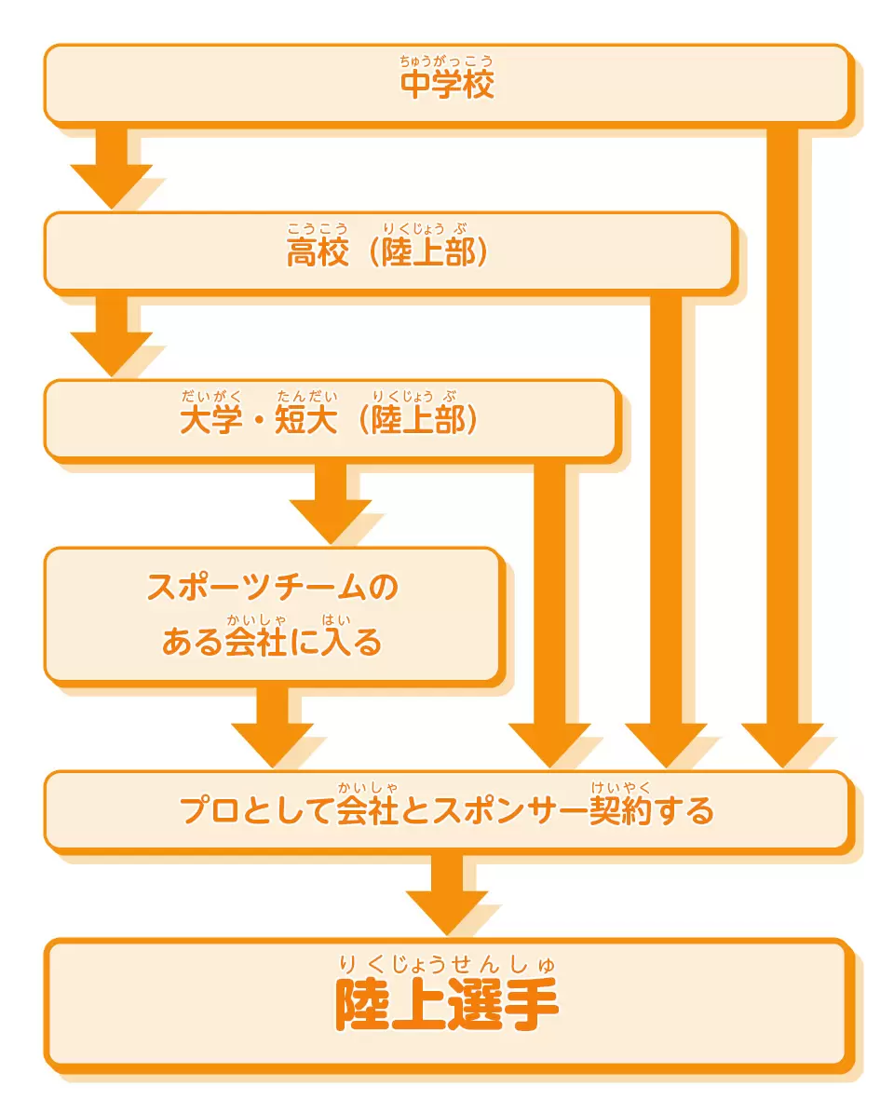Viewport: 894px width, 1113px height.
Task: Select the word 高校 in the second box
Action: pyautogui.click(x=318, y=252)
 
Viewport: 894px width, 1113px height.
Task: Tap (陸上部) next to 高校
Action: pyautogui.click(x=428, y=252)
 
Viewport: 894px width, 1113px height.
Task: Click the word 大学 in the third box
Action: pyautogui.click(x=210, y=419)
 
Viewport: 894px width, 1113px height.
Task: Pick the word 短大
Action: pyautogui.click(x=305, y=419)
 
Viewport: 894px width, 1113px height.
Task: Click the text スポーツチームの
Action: pyautogui.click(x=273, y=587)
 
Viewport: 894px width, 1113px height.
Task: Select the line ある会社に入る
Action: pyautogui.click(x=273, y=642)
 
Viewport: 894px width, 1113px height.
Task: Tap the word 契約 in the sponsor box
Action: pyautogui.click(x=620, y=810)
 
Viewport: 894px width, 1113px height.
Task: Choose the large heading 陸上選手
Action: pyautogui.click(x=447, y=1004)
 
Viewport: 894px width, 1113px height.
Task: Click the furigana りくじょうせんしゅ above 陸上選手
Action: pyautogui.click(x=447, y=964)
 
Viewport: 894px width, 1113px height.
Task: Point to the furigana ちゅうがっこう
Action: pyautogui.click(x=446, y=61)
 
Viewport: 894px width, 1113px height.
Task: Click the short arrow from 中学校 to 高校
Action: pyautogui.click(x=112, y=168)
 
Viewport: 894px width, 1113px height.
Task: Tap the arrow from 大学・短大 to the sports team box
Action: pyautogui.click(x=331, y=503)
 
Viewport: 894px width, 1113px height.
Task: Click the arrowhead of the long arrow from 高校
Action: pyautogui.click(x=666, y=744)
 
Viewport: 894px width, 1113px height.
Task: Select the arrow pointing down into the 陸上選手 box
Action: pyautogui.click(x=447, y=894)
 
